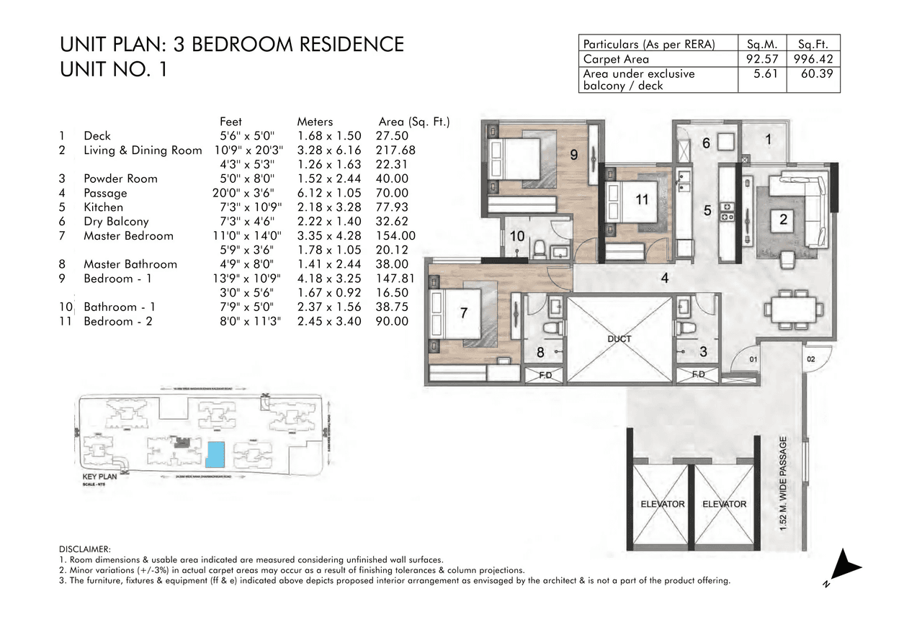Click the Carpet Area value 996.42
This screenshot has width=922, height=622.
click(813, 60)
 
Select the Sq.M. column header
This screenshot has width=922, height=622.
click(763, 43)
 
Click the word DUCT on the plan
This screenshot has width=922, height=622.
click(619, 339)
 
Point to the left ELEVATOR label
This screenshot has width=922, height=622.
click(662, 504)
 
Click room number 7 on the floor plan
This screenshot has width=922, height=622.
click(465, 312)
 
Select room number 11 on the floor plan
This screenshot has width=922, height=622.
click(642, 200)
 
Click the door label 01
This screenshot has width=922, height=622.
click(753, 358)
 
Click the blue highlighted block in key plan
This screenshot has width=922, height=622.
click(215, 454)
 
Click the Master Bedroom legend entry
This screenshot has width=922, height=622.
click(128, 236)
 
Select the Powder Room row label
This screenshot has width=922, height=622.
click(120, 179)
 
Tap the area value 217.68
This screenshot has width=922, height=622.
click(395, 150)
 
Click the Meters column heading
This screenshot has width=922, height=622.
click(315, 122)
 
